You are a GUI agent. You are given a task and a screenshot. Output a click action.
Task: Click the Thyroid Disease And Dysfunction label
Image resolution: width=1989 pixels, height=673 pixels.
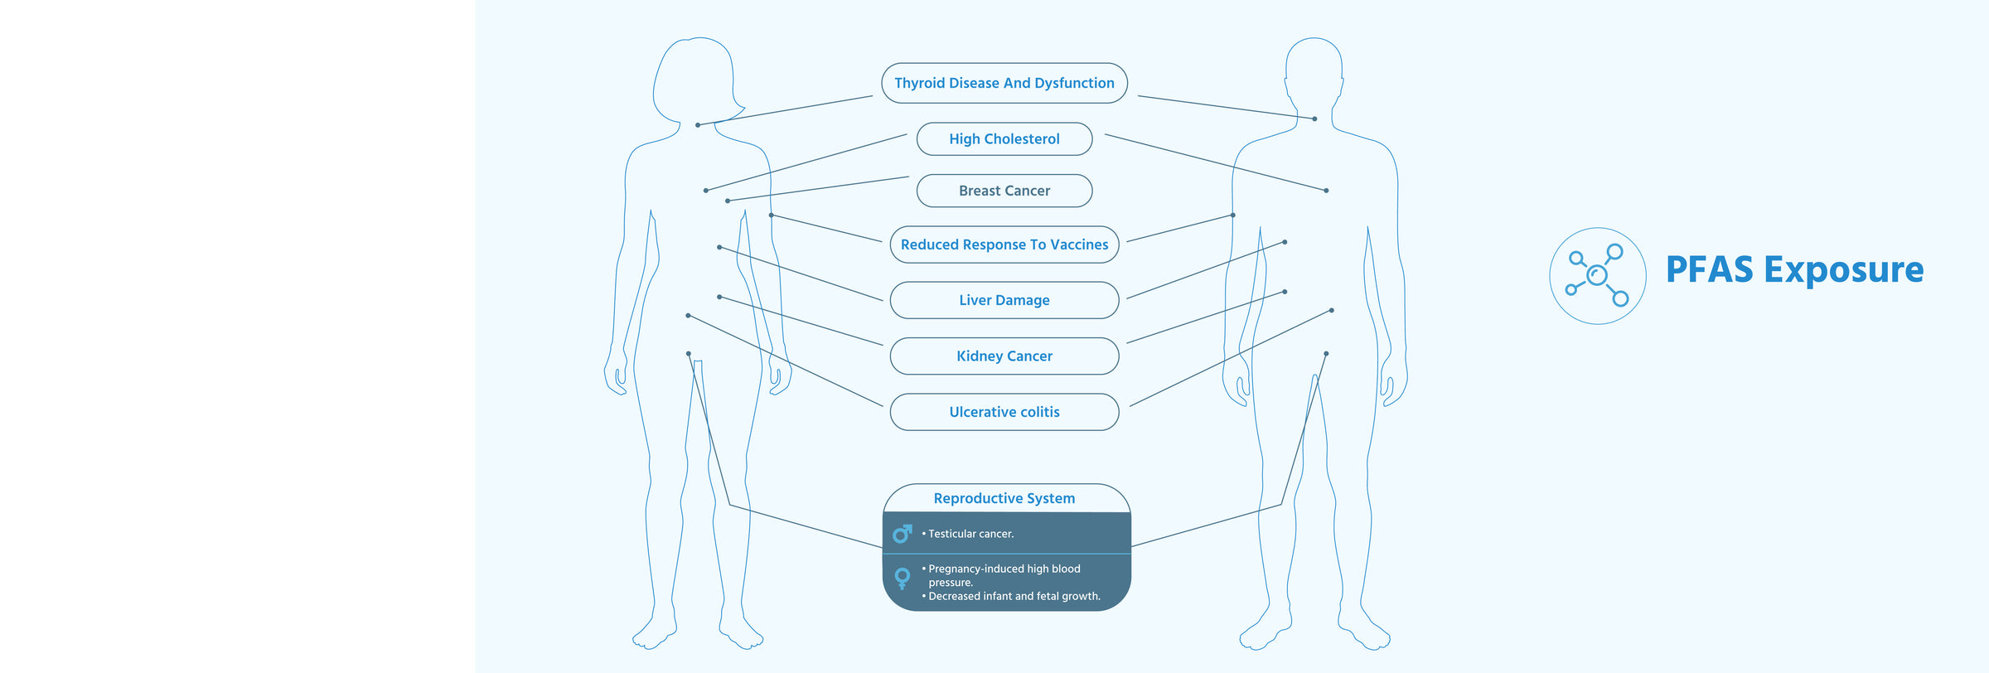click(x=1004, y=83)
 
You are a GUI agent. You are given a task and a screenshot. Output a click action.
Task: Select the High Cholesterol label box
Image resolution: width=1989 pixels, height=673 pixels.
click(x=1004, y=139)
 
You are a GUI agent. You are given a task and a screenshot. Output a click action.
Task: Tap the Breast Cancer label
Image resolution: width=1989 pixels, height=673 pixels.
click(x=1004, y=191)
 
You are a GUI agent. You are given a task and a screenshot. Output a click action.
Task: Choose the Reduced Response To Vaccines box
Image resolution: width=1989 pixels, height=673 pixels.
click(x=1004, y=245)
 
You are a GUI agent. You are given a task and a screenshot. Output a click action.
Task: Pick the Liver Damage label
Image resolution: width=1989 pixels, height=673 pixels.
click(x=1004, y=300)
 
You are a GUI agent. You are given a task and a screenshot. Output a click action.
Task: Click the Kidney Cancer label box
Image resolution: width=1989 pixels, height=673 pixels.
click(x=1004, y=356)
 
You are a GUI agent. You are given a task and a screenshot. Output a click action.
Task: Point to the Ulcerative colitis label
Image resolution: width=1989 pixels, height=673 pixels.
click(x=1004, y=412)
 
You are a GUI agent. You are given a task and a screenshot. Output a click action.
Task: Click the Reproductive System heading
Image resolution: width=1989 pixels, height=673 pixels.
click(x=1004, y=498)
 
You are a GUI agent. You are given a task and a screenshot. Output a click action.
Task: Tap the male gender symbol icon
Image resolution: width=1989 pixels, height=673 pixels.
click(x=903, y=534)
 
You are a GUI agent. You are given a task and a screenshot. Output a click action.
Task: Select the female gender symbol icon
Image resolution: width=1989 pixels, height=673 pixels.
click(x=903, y=578)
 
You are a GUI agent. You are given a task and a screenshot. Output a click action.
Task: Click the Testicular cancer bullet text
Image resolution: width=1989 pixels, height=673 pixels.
click(x=970, y=534)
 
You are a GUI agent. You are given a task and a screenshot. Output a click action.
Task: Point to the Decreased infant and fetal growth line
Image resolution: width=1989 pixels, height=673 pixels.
click(x=1014, y=596)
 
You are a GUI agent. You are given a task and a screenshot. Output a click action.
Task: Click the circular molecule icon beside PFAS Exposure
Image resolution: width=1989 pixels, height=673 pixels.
click(x=1597, y=275)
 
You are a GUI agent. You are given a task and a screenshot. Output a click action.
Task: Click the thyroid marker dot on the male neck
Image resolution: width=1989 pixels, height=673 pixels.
click(x=1314, y=119)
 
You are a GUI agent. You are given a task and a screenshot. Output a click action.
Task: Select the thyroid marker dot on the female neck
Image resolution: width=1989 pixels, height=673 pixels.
click(x=698, y=125)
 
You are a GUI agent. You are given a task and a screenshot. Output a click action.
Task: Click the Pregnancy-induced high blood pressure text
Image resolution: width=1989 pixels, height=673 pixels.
click(x=1004, y=574)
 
